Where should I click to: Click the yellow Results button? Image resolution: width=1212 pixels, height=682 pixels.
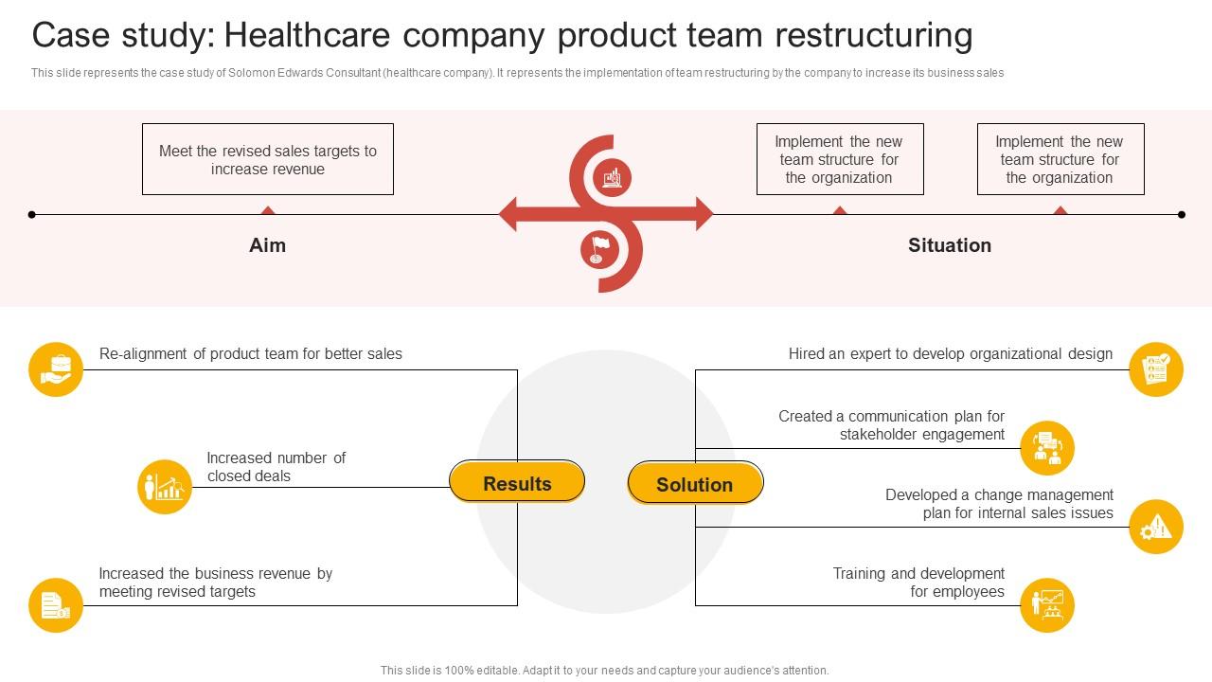[x=517, y=482]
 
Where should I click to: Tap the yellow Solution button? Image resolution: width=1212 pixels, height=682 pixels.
[x=695, y=483]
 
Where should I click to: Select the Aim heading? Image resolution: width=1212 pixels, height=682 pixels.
[x=267, y=245]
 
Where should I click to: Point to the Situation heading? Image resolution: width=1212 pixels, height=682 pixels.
[x=950, y=245]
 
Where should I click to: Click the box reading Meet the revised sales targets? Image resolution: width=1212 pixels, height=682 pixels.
[x=268, y=159]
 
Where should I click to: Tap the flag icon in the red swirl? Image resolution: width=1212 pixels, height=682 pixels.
[x=599, y=249]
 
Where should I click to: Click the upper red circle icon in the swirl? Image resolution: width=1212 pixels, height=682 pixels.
[x=613, y=177]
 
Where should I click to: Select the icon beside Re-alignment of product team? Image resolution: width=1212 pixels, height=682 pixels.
[x=56, y=369]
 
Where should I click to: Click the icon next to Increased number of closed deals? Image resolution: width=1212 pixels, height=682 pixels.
[x=165, y=487]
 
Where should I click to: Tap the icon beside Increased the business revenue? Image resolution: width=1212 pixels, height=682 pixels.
[x=56, y=604]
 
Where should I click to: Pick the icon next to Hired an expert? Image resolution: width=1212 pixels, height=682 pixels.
[x=1156, y=369]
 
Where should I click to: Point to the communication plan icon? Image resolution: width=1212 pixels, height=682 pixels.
[x=1047, y=448]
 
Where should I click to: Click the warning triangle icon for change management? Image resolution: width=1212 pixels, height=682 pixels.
[x=1156, y=527]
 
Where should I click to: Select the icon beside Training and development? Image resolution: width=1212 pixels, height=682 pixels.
[x=1047, y=604]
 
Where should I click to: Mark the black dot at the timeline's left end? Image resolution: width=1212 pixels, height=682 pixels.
[x=32, y=215]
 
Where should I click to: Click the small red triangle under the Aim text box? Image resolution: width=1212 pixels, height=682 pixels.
[x=268, y=210]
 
